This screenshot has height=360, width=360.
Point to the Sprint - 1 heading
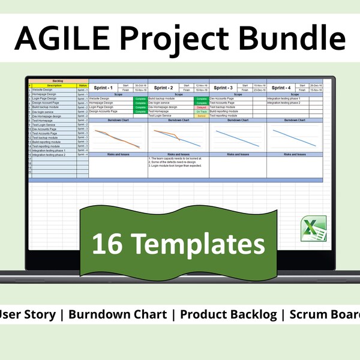point(103,88)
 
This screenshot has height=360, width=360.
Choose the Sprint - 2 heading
point(163,88)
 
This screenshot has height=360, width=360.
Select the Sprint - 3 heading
point(223,88)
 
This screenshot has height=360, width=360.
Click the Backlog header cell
point(58,80)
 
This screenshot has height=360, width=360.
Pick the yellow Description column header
point(53,85)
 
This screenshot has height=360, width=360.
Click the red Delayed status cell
point(202,107)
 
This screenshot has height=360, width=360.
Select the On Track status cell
point(202,111)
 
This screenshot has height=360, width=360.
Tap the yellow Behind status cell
point(202,115)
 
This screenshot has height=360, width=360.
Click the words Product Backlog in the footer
point(227,314)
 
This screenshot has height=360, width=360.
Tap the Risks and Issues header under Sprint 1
point(118,154)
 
